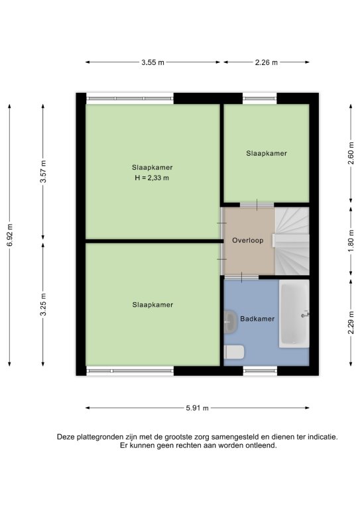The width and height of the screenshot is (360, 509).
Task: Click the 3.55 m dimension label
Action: pos(152,62)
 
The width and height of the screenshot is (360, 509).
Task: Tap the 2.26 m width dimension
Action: pos(266,62)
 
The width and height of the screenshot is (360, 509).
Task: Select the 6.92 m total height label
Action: pos(10,235)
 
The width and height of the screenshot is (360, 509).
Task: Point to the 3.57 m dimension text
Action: pos(43,172)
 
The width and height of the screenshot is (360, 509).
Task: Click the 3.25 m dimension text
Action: pos(43,304)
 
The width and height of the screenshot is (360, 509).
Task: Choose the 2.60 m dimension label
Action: pos(351,153)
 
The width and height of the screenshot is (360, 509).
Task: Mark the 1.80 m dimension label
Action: pos(351,241)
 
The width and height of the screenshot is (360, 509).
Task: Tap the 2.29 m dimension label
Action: pos(351,322)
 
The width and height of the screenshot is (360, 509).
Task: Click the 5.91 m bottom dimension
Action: pos(197,408)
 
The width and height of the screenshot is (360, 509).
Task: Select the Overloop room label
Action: pos(248,241)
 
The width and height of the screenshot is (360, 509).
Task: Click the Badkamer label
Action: pos(257,319)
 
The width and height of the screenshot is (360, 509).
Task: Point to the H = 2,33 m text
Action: pos(152,178)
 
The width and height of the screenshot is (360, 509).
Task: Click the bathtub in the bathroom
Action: pos(294,313)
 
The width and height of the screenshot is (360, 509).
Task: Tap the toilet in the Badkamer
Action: pos(234,352)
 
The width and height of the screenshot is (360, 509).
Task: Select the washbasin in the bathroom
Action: pos(231,322)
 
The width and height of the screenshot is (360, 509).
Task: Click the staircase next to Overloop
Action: pos(292,241)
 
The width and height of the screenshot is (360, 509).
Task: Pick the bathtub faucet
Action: pos(305,314)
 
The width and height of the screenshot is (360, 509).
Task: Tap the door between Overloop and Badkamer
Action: pos(241,277)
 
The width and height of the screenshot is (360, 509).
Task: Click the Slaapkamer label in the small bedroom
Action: pos(267,153)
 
